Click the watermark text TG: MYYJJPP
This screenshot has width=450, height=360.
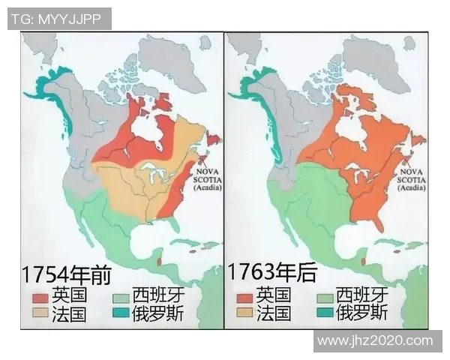[59, 19]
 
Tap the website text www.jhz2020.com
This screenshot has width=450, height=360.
[376, 340]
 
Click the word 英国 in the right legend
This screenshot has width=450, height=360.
[273, 295]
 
